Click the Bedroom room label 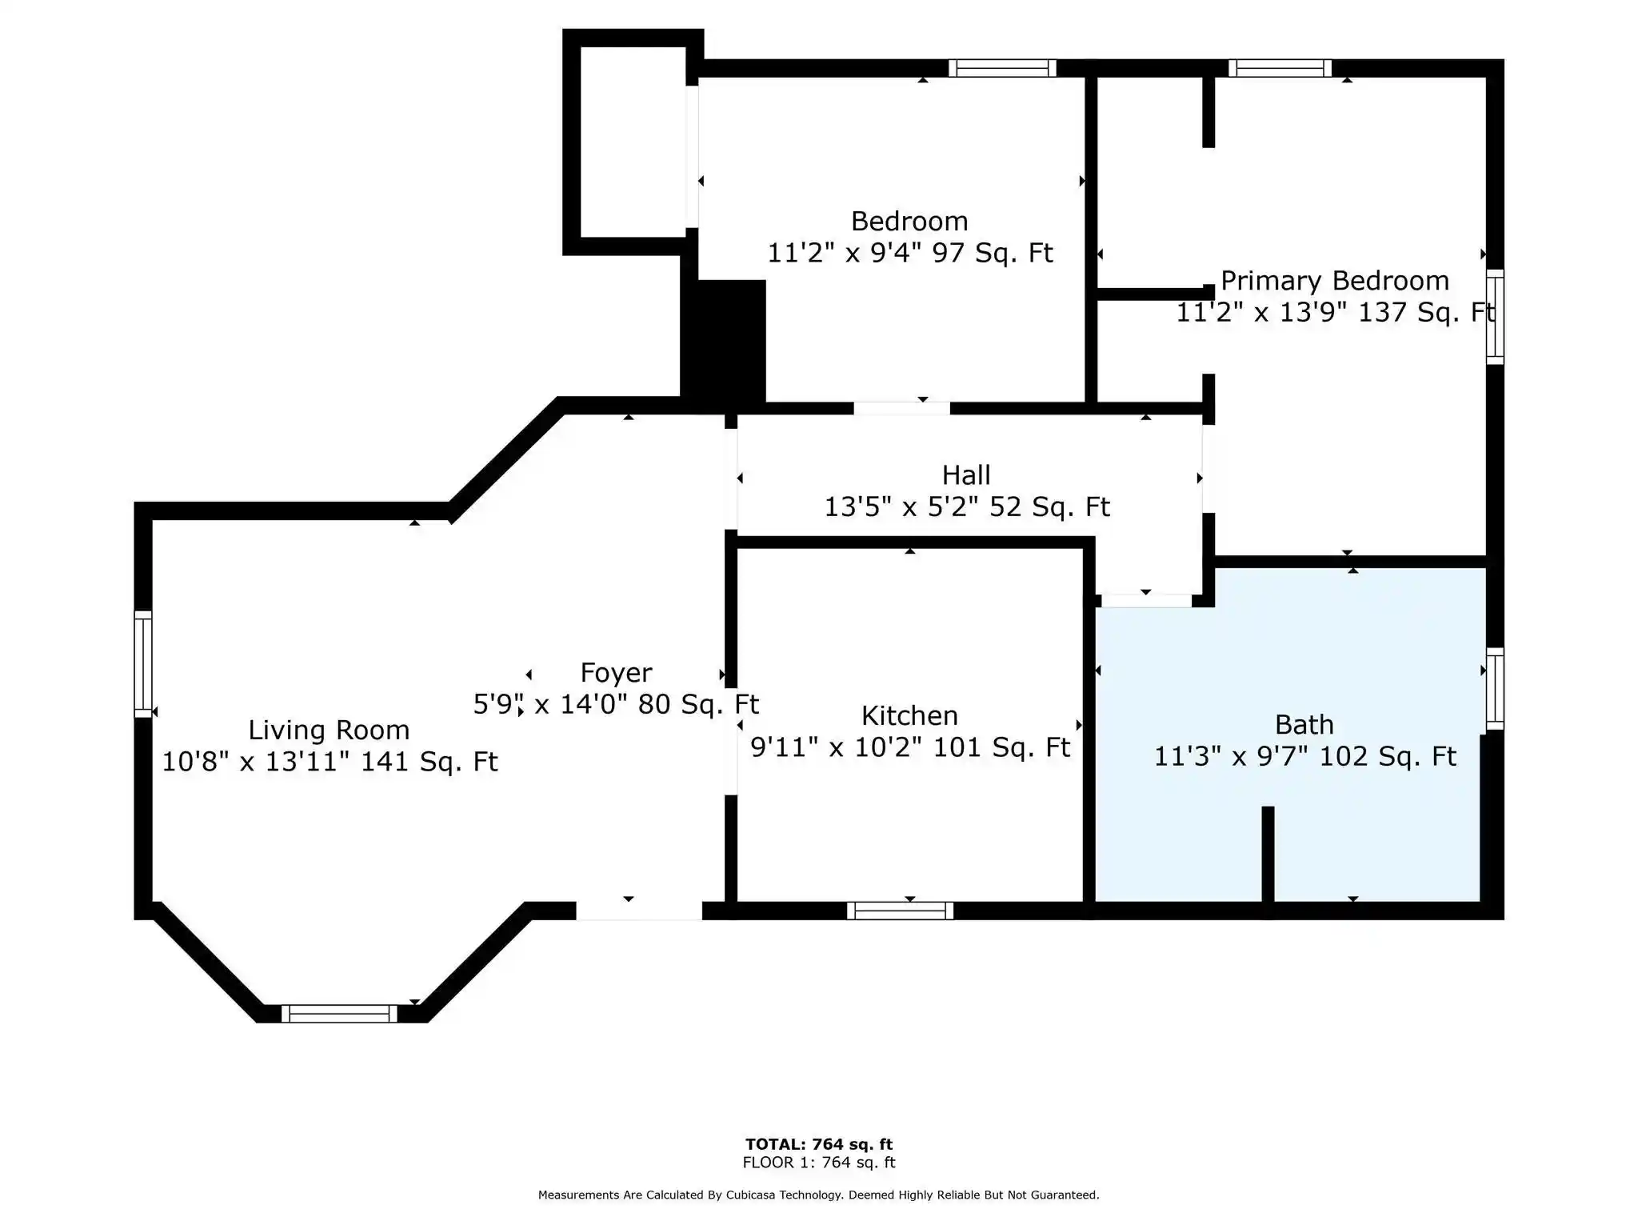point(909,221)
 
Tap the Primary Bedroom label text point(1335,281)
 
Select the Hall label point(966,475)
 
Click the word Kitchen point(909,715)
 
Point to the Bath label point(1304,725)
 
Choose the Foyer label point(616,673)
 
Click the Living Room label point(329,730)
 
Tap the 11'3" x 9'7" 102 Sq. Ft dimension point(1304,756)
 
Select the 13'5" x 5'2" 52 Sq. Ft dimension point(967,507)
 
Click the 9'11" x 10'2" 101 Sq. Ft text point(910,747)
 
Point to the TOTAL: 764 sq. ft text point(819,1144)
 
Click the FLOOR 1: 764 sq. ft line point(819,1163)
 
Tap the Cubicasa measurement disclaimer point(819,1195)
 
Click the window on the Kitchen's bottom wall point(901,911)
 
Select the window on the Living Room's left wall point(142,664)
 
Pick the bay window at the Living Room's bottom point(339,1014)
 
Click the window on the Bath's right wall point(1495,689)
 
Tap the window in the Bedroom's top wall point(1002,68)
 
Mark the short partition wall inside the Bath point(1268,855)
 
